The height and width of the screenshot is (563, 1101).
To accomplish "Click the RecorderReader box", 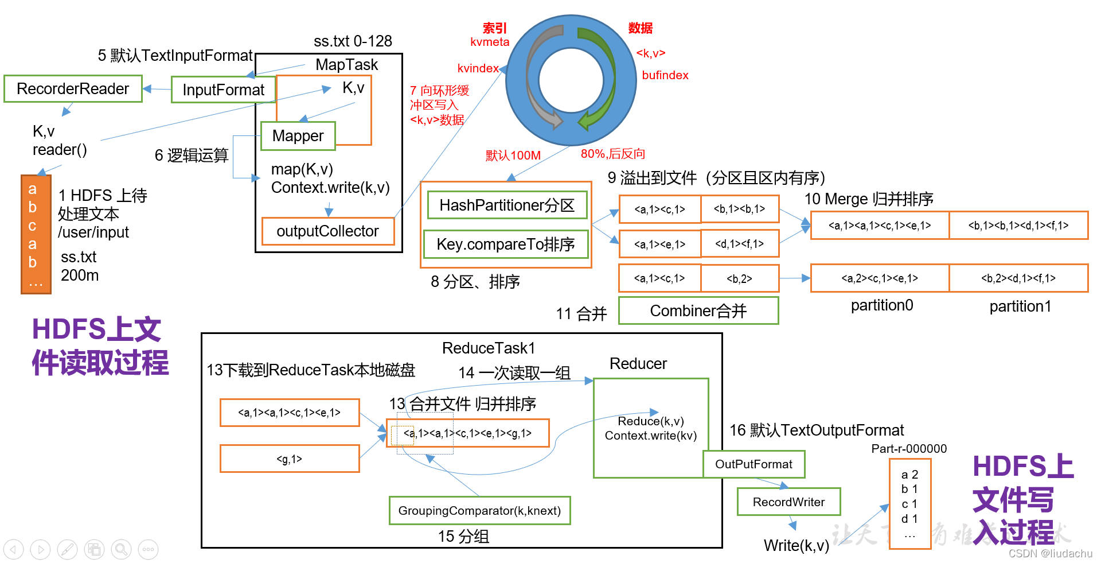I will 73,89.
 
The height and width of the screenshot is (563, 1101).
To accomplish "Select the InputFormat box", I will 223,90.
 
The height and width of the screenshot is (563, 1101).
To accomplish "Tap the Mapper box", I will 298,136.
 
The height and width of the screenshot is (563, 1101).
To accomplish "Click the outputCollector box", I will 327,231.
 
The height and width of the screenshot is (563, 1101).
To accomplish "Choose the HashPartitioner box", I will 507,205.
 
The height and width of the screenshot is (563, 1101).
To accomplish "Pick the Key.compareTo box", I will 506,244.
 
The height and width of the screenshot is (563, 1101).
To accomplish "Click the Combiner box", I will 698,311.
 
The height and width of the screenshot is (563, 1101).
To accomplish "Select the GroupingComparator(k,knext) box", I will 479,511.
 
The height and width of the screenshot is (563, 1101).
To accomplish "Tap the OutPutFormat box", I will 753,464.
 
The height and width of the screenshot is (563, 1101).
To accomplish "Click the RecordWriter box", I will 788,502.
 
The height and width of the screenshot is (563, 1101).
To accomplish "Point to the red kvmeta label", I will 490,42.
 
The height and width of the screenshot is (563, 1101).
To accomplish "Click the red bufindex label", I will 665,75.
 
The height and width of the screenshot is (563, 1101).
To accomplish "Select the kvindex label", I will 478,68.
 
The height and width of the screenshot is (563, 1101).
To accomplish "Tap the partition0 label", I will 882,305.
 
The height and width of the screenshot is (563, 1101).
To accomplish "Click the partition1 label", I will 1020,306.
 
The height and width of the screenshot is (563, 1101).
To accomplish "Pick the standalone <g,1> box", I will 290,459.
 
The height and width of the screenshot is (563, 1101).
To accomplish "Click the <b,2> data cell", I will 739,279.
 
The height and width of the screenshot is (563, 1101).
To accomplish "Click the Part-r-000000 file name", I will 909,449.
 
